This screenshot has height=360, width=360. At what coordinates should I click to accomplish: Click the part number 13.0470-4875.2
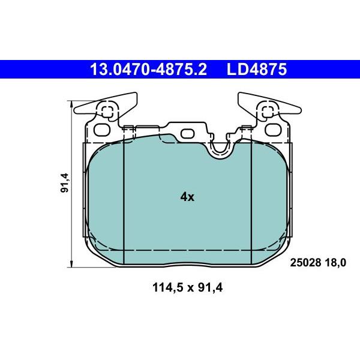[x=148, y=70]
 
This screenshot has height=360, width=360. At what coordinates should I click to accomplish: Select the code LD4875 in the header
[x=256, y=70]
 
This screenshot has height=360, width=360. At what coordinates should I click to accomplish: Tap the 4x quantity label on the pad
[x=187, y=197]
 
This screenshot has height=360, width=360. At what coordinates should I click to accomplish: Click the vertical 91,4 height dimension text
[x=65, y=182]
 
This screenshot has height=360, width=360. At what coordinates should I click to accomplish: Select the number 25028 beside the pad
[x=306, y=262]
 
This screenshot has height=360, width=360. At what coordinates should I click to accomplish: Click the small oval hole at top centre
[x=188, y=133]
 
